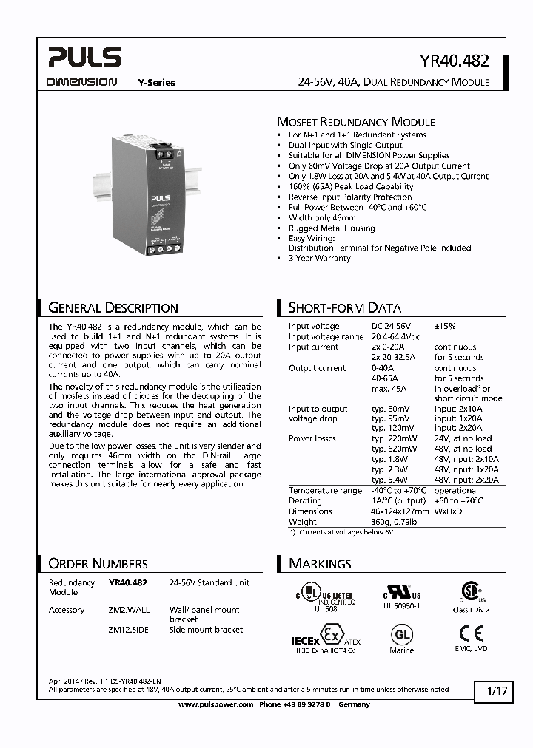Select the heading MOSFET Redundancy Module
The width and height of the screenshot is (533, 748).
click(x=355, y=122)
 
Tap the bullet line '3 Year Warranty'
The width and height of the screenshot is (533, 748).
click(x=319, y=259)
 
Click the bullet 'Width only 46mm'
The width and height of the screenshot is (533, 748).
click(x=322, y=218)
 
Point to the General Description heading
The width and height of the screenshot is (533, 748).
click(x=113, y=307)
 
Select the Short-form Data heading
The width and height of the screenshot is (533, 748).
click(x=344, y=307)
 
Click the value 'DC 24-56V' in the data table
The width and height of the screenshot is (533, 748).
click(x=391, y=326)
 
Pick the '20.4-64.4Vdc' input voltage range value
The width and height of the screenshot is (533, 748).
click(x=396, y=336)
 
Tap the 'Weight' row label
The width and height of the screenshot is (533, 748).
click(x=302, y=522)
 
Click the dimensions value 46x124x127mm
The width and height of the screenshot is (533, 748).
click(x=400, y=511)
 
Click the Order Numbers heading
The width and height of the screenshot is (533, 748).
click(x=98, y=564)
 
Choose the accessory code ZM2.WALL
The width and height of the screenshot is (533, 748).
click(x=130, y=610)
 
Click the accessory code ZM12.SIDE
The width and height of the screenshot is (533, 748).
click(x=130, y=630)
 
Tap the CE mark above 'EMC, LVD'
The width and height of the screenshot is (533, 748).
click(x=471, y=633)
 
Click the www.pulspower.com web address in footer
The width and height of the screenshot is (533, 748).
click(x=217, y=705)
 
